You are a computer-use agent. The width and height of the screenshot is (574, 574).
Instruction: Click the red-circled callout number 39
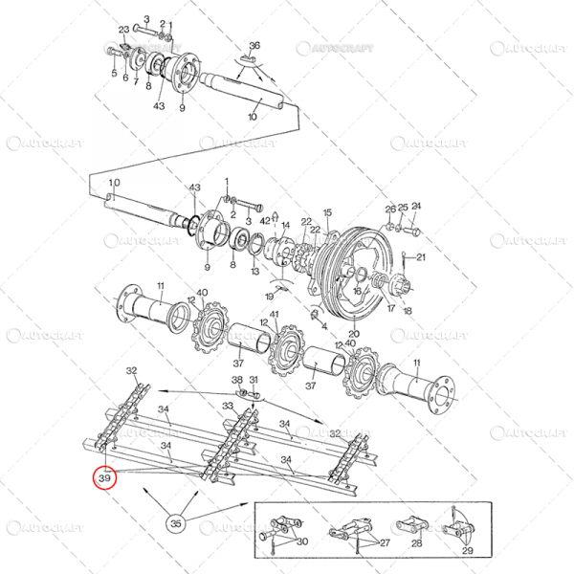103,475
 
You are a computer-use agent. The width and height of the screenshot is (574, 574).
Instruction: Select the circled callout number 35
175,523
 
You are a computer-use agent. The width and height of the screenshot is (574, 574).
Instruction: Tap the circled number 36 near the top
254,46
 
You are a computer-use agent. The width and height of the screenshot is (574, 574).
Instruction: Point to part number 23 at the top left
123,31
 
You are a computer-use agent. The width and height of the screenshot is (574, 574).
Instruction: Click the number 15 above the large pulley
327,212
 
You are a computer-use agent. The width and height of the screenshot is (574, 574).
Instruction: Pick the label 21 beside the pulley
421,257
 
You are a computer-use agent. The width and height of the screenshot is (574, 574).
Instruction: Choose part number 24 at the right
416,207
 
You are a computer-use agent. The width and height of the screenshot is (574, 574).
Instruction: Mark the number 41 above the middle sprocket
275,316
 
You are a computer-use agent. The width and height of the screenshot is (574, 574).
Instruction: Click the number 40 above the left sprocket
201,294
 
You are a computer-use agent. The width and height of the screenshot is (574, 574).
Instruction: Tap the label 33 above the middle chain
228,406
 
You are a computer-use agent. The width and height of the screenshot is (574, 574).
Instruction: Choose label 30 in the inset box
303,542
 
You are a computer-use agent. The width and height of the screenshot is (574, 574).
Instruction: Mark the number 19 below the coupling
268,298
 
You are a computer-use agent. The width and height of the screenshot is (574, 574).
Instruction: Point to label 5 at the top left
114,73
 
